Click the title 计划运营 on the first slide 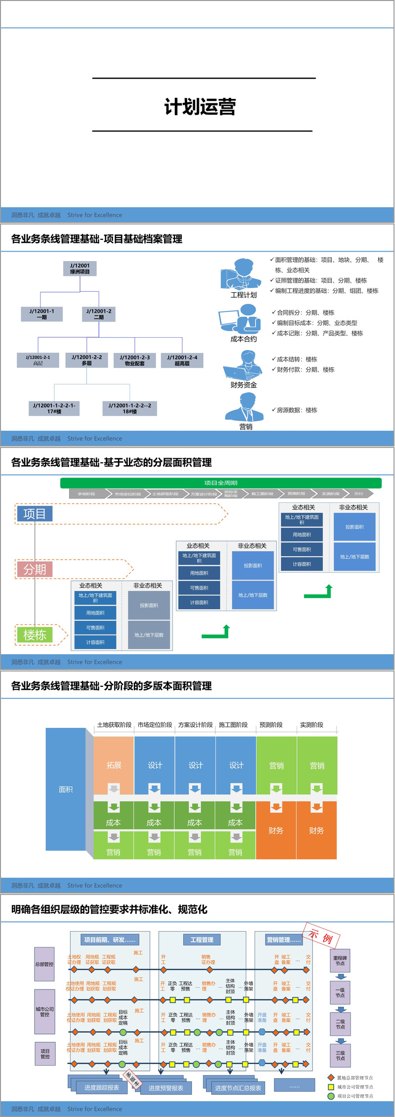coord(200,107)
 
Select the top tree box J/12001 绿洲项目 coord(80,268)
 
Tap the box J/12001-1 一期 coord(42,314)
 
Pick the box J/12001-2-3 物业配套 coord(135,360)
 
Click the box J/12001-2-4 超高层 coord(182,360)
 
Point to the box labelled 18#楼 coord(130,408)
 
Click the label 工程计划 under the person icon coord(243,295)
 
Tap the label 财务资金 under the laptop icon coord(243,385)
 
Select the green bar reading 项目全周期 coord(221,483)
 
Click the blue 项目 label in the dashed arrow coord(35,514)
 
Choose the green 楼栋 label coord(35,635)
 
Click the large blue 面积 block coord(66,790)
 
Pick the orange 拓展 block coord(114,765)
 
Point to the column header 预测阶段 coord(271,725)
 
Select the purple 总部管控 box coord(44,964)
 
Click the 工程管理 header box coord(202,939)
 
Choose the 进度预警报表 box coord(166,1088)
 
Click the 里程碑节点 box coord(340,961)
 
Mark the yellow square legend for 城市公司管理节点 coord(331,1087)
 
